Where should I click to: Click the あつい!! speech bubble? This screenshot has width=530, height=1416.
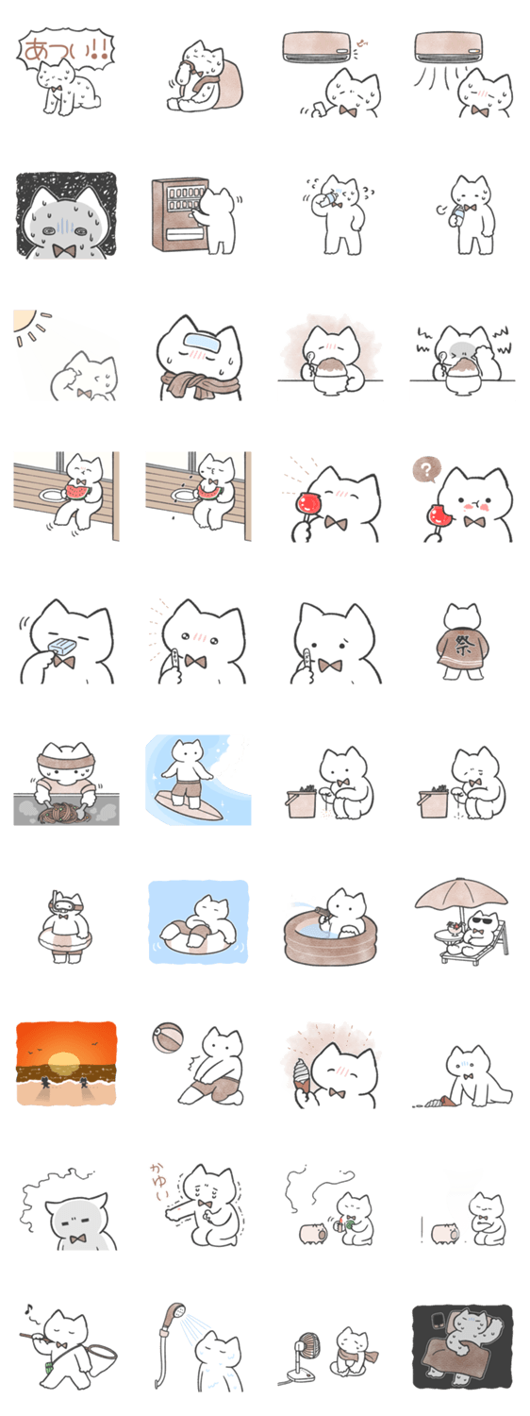(x=65, y=49)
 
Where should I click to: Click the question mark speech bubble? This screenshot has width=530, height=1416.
(x=426, y=469)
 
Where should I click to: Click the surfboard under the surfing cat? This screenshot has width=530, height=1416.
(x=188, y=809)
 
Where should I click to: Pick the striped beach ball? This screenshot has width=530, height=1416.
(x=168, y=1038)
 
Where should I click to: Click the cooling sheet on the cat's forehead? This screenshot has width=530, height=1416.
(x=200, y=344)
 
